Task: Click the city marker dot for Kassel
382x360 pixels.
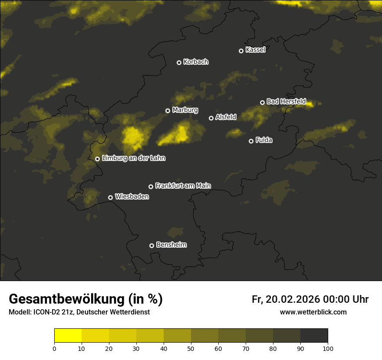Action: pyautogui.click(x=241, y=51)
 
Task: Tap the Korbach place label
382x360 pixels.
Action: pyautogui.click(x=196, y=62)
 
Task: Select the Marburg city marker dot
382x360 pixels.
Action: pyautogui.click(x=168, y=111)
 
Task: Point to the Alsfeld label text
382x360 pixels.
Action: pyautogui.click(x=226, y=117)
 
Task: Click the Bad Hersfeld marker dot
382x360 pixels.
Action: pyautogui.click(x=262, y=102)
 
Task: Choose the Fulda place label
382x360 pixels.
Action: pyautogui.click(x=264, y=141)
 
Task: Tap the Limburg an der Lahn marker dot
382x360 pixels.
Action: pyautogui.click(x=97, y=159)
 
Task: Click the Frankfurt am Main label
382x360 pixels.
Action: pyautogui.click(x=183, y=186)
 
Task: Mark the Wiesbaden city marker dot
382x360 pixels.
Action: pyautogui.click(x=110, y=197)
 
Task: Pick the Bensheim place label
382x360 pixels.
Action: pyautogui.click(x=171, y=245)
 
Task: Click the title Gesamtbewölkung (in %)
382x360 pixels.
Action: pyautogui.click(x=86, y=299)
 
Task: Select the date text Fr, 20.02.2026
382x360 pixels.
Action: pyautogui.click(x=286, y=299)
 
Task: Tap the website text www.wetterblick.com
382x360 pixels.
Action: pyautogui.click(x=313, y=312)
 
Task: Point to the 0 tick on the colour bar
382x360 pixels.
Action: pyautogui.click(x=54, y=348)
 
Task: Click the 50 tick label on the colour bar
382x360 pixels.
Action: pyautogui.click(x=191, y=348)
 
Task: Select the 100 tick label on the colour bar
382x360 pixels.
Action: pyautogui.click(x=328, y=348)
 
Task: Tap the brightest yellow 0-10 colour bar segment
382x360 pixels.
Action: pyautogui.click(x=68, y=335)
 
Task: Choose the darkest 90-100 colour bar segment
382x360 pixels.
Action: pyautogui.click(x=314, y=335)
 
